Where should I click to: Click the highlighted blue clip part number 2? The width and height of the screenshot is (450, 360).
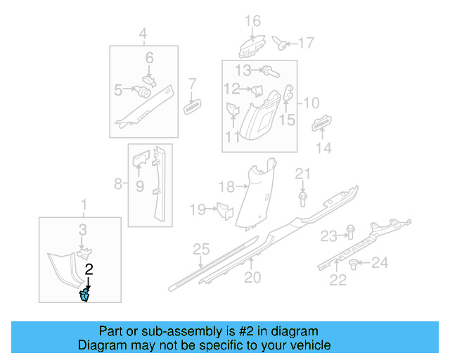[86, 293]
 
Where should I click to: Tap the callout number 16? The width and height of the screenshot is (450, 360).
[252, 20]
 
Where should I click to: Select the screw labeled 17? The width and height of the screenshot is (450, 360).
[281, 45]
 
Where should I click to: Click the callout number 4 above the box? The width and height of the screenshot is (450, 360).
[143, 33]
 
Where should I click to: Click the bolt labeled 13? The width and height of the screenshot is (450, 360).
[269, 70]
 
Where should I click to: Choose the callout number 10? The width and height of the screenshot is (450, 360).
[311, 103]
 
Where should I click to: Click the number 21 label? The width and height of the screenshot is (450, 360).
[302, 174]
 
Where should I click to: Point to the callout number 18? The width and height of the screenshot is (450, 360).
[226, 186]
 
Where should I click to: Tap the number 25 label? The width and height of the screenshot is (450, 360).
[201, 250]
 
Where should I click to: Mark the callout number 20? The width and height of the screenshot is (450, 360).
[252, 278]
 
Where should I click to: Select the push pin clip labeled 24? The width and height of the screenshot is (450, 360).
[354, 264]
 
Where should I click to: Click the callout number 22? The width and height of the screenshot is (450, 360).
[339, 281]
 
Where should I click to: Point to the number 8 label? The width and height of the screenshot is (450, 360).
[117, 185]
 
